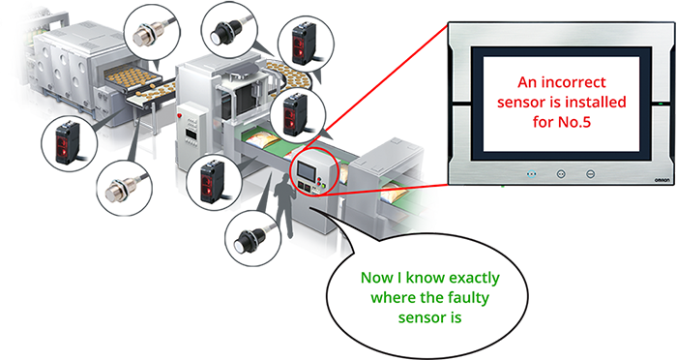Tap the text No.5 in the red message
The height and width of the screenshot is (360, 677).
pyautogui.click(x=574, y=122)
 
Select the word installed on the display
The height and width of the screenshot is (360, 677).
pyautogui.click(x=596, y=102)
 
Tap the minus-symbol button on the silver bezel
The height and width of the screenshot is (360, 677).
pyautogui.click(x=590, y=174)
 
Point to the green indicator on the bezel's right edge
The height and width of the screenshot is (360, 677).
pyautogui.click(x=661, y=104)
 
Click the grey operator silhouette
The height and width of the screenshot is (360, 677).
pyautogui.click(x=284, y=206)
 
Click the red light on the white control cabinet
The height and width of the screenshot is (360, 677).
pyautogui.click(x=179, y=116)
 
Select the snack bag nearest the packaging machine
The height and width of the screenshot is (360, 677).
pyautogui.click(x=258, y=139)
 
